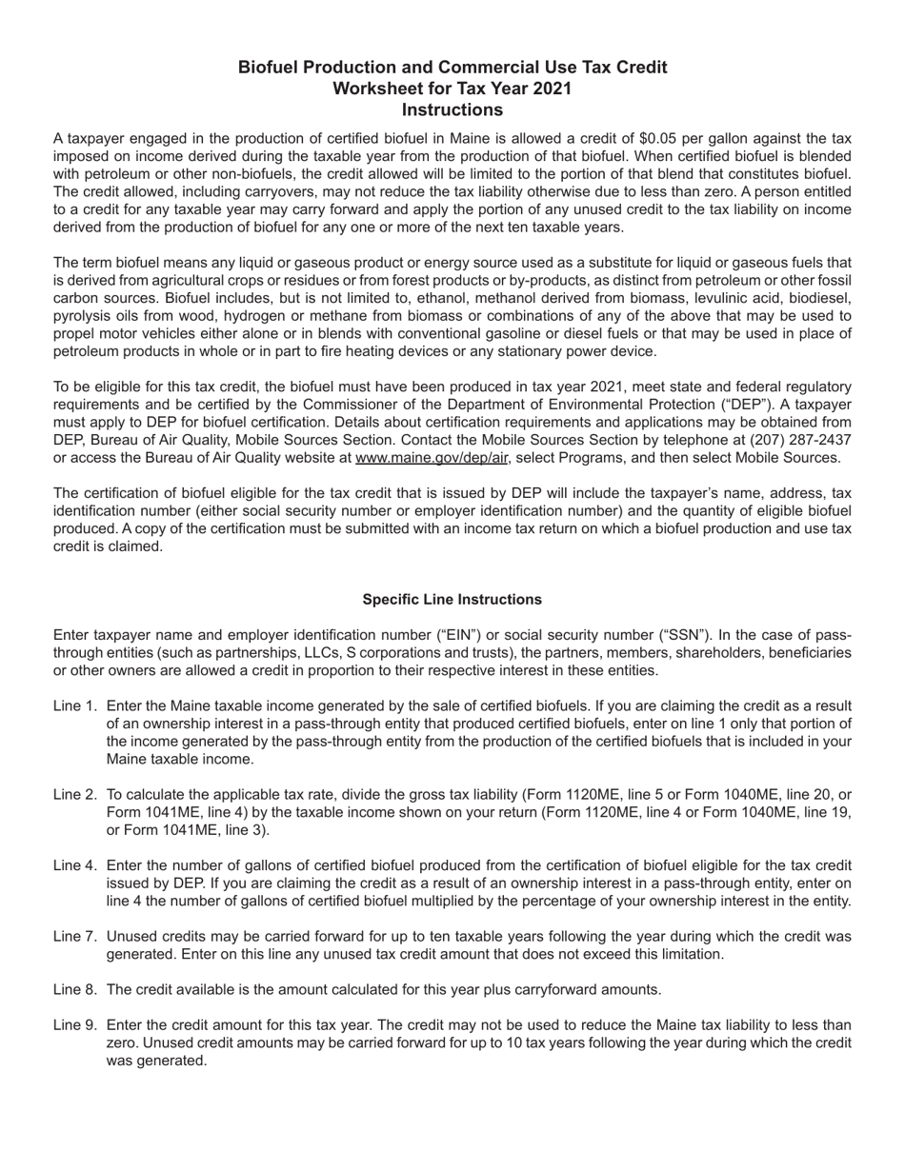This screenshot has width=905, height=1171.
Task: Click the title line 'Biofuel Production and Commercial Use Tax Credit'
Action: coord(452,68)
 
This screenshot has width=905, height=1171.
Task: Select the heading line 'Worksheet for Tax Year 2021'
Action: coord(452,89)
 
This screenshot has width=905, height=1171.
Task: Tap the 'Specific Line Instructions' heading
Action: coord(452,600)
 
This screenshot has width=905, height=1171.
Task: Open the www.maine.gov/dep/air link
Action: coord(431,458)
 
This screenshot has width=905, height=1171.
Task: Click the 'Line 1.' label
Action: coord(75,706)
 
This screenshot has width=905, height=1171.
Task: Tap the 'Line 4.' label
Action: coord(75,865)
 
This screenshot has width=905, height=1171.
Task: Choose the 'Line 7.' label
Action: coord(75,937)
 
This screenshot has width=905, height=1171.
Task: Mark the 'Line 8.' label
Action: coord(75,990)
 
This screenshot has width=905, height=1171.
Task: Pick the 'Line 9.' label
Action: coord(75,1025)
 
